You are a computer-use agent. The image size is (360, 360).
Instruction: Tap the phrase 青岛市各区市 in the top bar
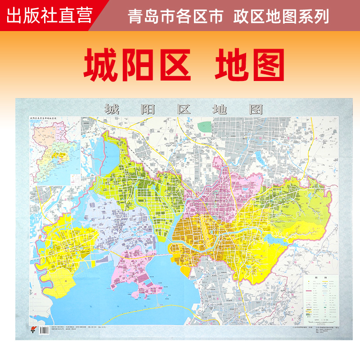point(175,17)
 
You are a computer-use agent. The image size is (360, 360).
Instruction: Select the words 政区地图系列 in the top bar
point(281,17)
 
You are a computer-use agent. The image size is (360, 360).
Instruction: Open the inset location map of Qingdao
point(54,151)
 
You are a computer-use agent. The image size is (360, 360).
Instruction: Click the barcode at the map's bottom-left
point(44,330)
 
